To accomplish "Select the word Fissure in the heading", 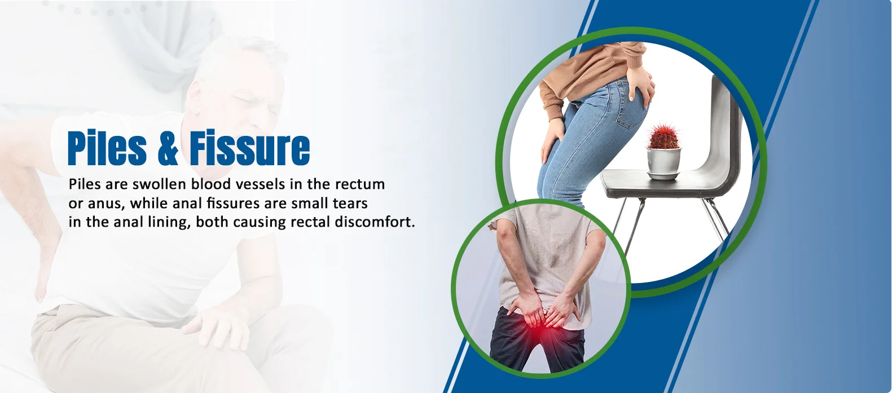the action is (249, 147).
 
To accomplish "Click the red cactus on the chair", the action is (663, 136).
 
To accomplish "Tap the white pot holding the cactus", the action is (663, 163).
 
